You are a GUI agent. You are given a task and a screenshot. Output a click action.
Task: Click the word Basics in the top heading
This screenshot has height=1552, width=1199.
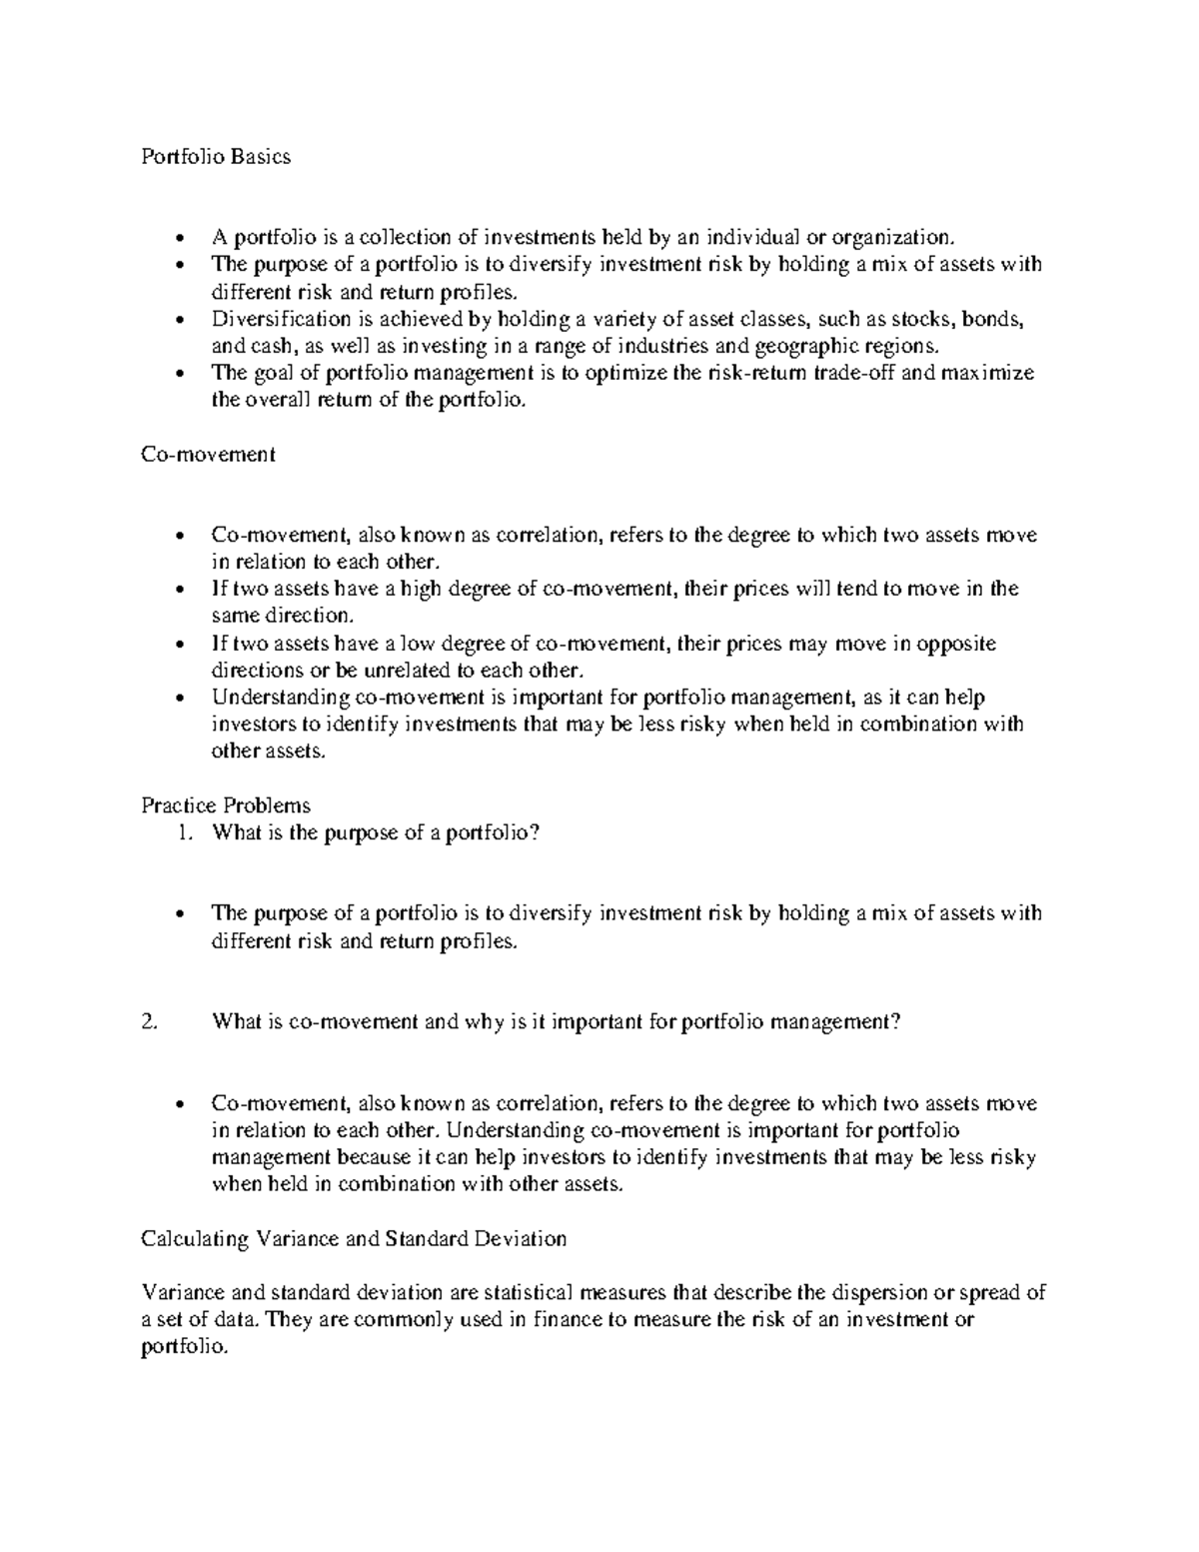[x=261, y=157]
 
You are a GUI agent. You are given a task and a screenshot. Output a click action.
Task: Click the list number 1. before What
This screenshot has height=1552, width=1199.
[x=183, y=832]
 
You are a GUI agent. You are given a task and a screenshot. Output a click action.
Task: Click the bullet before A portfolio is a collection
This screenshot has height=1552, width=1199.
[x=179, y=238]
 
